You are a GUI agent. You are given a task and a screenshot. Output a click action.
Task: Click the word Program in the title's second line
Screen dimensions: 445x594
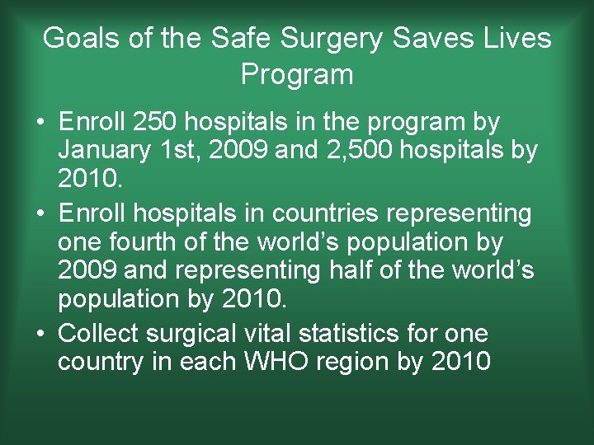coord(297,74)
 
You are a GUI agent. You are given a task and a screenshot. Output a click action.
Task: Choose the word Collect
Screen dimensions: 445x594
coord(101,333)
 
